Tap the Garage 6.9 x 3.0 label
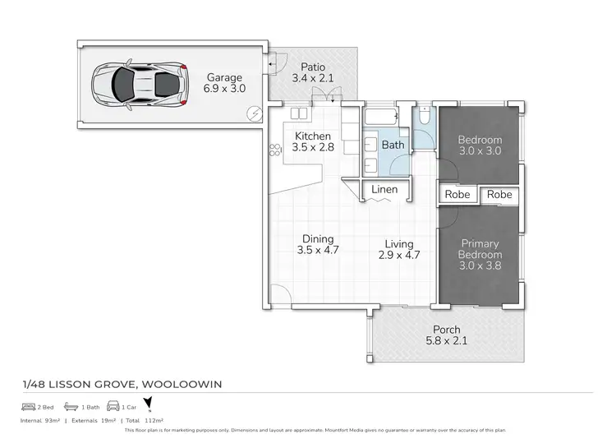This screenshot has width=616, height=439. (x=226, y=82)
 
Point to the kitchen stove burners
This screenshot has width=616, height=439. (x=274, y=149)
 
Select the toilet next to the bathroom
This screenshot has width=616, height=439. (x=424, y=119)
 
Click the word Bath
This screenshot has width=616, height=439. (x=393, y=146)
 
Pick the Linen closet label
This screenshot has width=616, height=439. (x=384, y=189)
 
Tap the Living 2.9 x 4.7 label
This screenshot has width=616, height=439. (x=399, y=249)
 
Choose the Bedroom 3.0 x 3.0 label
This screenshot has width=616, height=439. (x=479, y=146)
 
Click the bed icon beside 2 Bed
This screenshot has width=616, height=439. (x=30, y=407)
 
